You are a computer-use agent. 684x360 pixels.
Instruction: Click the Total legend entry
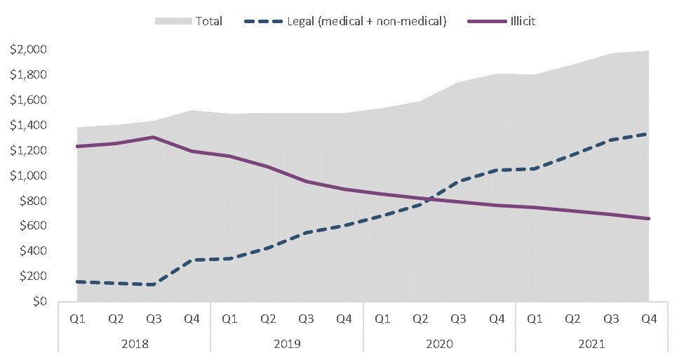[208, 21]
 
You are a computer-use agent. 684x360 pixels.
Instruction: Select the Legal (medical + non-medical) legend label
[366, 21]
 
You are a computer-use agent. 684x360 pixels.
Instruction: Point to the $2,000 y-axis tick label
[29, 49]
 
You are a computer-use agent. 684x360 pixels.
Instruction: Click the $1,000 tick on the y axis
[29, 175]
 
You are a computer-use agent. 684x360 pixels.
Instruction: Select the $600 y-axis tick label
[32, 226]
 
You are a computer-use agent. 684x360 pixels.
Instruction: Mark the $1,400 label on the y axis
[29, 125]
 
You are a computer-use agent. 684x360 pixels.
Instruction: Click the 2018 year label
[135, 344]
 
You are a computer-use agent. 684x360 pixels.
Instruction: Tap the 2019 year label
[287, 344]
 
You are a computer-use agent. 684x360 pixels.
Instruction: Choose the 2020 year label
[439, 344]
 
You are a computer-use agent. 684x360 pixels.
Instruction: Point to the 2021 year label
[591, 344]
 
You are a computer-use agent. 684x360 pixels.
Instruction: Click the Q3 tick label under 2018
[154, 319]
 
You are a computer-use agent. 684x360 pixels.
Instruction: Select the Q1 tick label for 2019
[230, 319]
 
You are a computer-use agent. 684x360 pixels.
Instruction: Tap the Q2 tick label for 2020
[420, 319]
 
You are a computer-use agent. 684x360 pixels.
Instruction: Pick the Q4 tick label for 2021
[649, 319]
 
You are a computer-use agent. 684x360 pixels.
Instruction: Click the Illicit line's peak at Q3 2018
[154, 137]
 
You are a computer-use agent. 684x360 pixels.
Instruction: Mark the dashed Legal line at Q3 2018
[154, 284]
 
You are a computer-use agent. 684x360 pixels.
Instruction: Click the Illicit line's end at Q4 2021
[649, 218]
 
